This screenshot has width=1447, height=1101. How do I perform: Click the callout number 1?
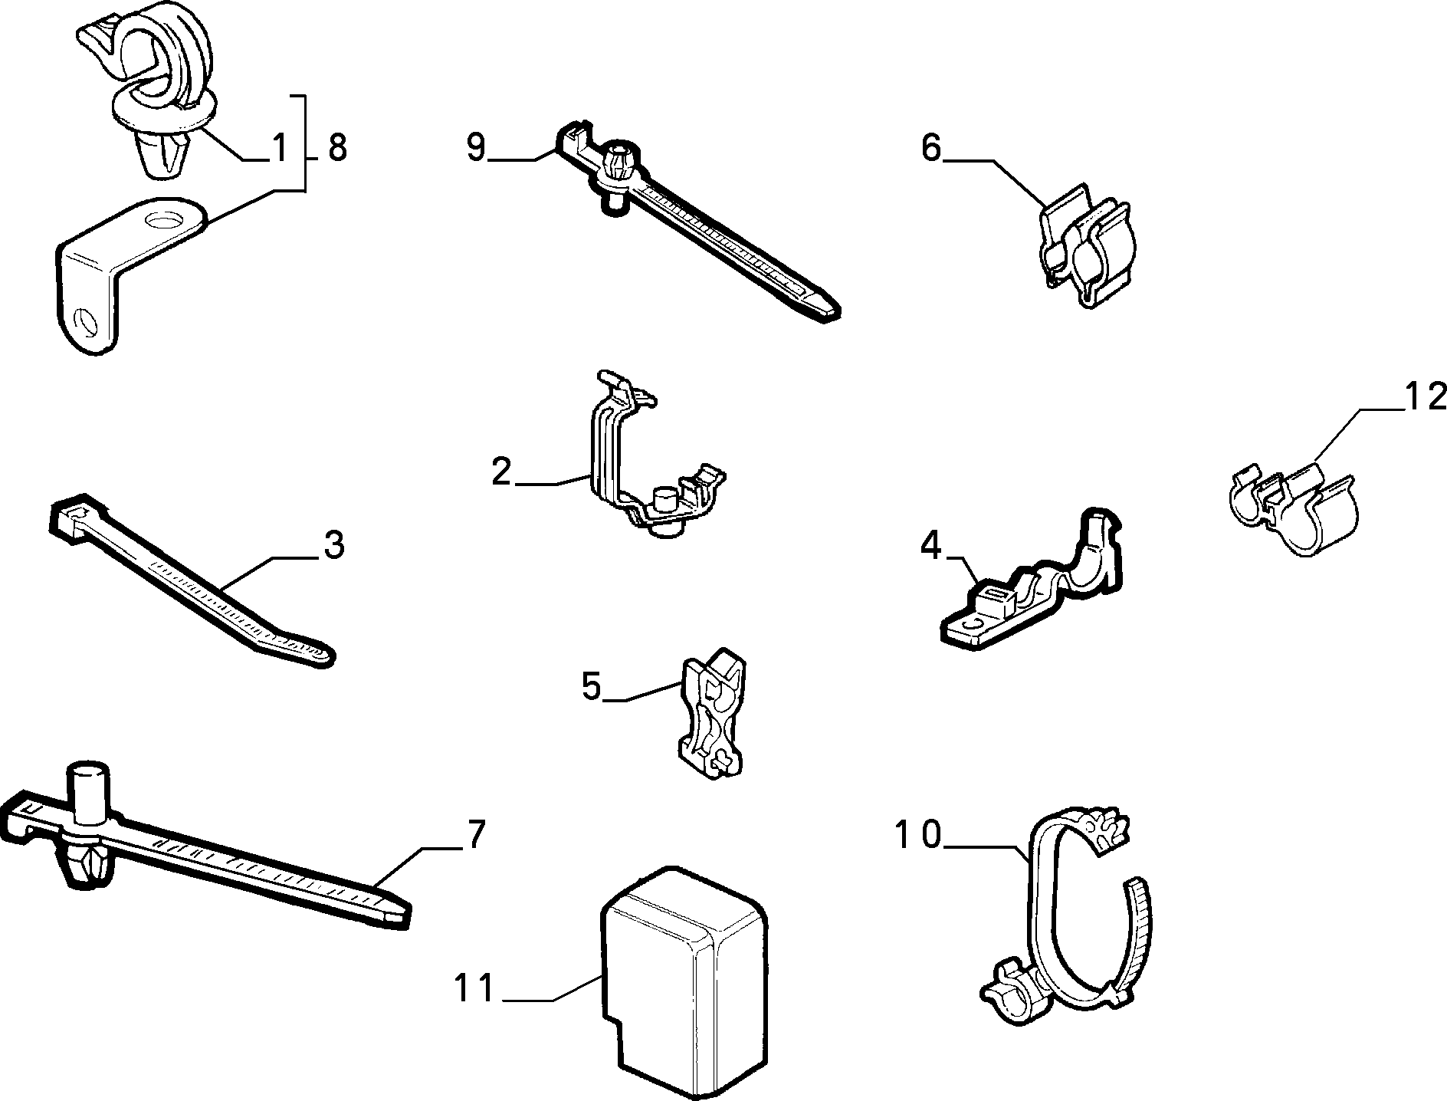pos(280,147)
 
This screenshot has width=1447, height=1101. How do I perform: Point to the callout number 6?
pos(931,147)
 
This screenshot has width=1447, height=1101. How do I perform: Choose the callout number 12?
pos(1425,397)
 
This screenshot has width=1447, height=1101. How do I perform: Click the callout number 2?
pos(501,472)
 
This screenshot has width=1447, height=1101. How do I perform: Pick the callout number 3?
pos(333,544)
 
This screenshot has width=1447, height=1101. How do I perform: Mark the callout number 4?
pos(930,547)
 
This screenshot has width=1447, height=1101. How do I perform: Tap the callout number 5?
pos(592,685)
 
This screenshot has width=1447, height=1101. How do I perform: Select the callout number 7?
pos(477,834)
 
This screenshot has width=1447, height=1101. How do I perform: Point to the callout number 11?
pos(475,988)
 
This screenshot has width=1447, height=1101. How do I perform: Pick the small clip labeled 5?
pos(711,715)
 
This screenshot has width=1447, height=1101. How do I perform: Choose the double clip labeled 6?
pos(1087,244)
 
